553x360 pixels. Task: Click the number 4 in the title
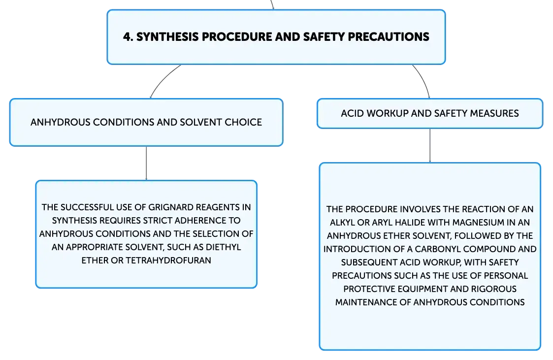pyautogui.click(x=127, y=36)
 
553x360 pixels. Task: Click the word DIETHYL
pyautogui.click(x=223, y=247)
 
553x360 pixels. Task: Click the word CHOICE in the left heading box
pyautogui.click(x=243, y=122)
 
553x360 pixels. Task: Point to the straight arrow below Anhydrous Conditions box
pyautogui.click(x=146, y=163)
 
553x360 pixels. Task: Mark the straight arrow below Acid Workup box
pyautogui.click(x=430, y=146)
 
